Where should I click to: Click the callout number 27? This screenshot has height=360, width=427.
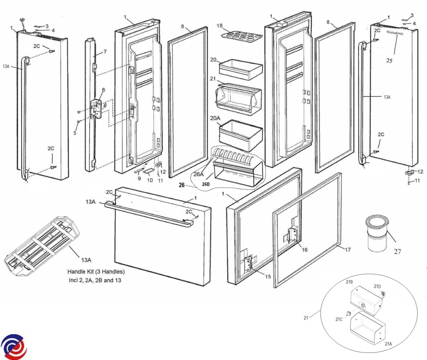(x=397, y=251)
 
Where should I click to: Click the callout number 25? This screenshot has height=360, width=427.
(x=389, y=61)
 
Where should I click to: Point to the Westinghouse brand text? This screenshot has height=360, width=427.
(x=395, y=33)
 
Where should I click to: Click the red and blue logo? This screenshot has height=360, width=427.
(x=14, y=346)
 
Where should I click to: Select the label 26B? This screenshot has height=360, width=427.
(x=206, y=184)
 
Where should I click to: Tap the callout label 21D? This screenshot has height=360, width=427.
(x=377, y=286)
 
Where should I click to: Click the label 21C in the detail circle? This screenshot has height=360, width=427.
(x=339, y=319)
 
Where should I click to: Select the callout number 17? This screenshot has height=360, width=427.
(x=348, y=250)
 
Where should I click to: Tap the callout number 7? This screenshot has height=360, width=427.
(x=105, y=52)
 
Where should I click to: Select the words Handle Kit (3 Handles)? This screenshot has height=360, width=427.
(x=96, y=272)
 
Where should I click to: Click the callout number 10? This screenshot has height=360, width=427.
(x=150, y=180)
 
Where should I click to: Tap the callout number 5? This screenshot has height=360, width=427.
(x=75, y=133)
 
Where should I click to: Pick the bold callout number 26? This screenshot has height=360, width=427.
(x=182, y=185)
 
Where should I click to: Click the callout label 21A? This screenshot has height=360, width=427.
(x=388, y=344)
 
